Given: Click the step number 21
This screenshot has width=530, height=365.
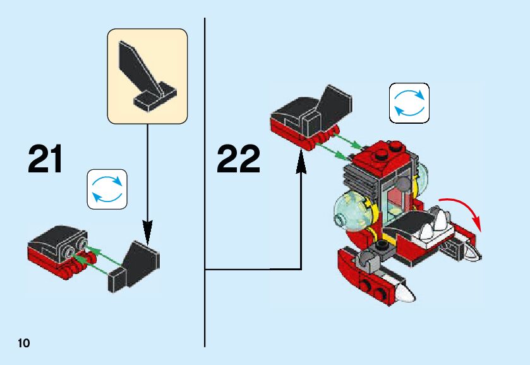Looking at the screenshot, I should coord(45,159).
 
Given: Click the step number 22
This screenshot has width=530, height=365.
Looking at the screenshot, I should coord(238,159).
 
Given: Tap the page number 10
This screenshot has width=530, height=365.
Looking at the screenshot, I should coord(24,344).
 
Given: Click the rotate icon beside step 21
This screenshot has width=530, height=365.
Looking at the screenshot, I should coord(107,189).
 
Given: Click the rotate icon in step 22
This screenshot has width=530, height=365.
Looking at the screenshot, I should coord(409,103).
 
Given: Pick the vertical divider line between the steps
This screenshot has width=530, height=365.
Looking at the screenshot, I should coord(205,189).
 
